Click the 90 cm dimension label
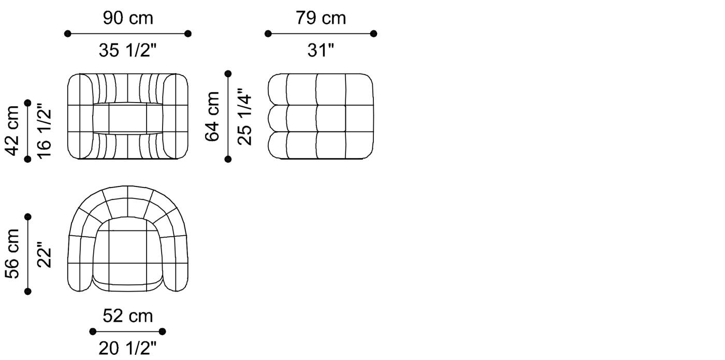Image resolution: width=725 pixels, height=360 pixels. tap(127, 19)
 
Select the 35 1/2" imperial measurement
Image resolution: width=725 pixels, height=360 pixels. tap(127, 50)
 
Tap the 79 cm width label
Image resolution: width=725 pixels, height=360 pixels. tap(321, 19)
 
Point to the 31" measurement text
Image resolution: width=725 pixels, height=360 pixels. tap(321, 50)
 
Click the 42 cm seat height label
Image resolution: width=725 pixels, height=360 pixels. tap(12, 130)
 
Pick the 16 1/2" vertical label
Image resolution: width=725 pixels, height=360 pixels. tap(45, 130)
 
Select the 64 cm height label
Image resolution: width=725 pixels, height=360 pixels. tap(212, 116)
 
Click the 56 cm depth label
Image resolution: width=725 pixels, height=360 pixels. tap(12, 253)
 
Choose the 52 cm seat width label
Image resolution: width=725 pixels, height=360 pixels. tap(127, 316)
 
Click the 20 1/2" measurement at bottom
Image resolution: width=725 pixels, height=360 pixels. tap(127, 348)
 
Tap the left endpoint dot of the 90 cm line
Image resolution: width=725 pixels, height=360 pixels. tap(68, 34)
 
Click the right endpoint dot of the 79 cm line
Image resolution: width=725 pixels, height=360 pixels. tap(373, 34)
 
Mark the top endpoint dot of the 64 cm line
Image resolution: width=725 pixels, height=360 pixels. tap(228, 74)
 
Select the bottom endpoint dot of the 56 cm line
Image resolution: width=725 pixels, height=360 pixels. tap(28, 292)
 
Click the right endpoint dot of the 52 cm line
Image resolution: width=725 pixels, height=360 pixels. tap(162, 332)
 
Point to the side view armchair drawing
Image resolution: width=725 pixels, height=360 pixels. tap(321, 116)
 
